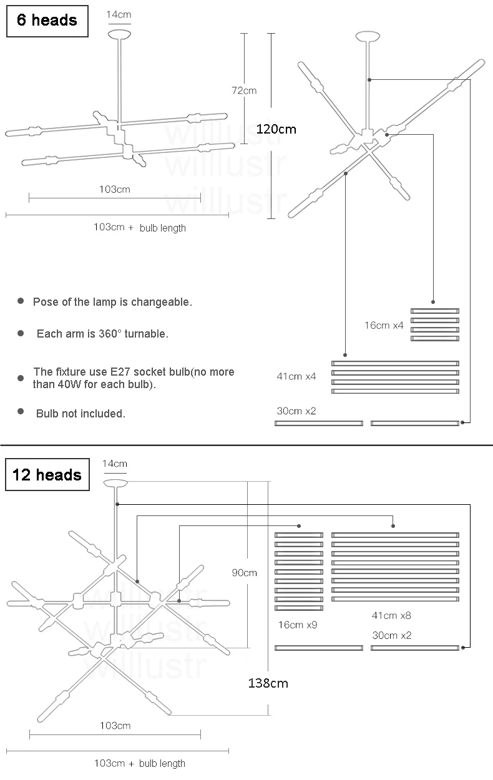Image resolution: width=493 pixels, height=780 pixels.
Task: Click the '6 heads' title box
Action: click(x=47, y=20)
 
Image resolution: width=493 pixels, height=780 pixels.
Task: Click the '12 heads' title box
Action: click(x=47, y=475)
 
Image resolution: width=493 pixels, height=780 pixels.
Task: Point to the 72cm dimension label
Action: click(x=244, y=90)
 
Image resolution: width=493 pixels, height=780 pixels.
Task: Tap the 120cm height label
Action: click(x=276, y=129)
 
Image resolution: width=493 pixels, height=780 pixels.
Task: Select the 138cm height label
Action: click(x=268, y=683)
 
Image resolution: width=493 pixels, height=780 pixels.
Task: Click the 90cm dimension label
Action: click(x=244, y=572)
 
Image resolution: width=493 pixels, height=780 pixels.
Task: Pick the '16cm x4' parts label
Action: click(x=384, y=325)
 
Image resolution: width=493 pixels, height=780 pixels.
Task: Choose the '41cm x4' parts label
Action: click(x=296, y=376)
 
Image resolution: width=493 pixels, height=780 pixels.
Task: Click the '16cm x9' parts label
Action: click(x=298, y=624)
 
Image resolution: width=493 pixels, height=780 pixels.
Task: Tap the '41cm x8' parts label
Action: click(x=391, y=615)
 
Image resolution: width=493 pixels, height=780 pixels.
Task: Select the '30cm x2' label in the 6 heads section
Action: click(x=296, y=411)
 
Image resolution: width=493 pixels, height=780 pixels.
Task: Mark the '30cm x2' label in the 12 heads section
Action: click(x=391, y=635)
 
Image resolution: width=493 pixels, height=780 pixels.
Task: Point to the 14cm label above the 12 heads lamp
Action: click(x=114, y=463)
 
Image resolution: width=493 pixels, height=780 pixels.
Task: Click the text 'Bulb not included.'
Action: click(x=81, y=413)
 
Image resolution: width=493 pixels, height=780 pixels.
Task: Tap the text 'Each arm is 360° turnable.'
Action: click(x=102, y=334)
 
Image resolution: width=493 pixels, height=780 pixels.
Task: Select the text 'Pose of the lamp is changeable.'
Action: click(x=112, y=302)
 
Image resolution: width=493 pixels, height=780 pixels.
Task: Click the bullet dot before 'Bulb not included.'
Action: click(x=21, y=412)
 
